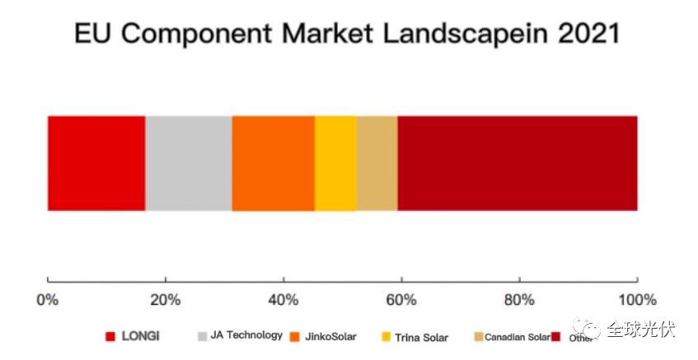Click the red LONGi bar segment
pos(96,163)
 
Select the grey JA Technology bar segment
pos(189,163)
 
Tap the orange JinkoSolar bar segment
pos(274,163)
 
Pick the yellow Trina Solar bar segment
pos(335,163)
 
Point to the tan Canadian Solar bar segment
pos(377,163)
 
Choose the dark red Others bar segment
pos(518,163)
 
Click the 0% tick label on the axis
pos(48,299)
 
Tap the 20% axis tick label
pos(165,299)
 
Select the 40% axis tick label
pos(283,299)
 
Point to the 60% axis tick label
pos(401,299)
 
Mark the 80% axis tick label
pos(519,299)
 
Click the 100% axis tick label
pos(637,299)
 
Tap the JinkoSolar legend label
pos(331,336)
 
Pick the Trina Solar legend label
pos(422,336)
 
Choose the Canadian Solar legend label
pos(517,337)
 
